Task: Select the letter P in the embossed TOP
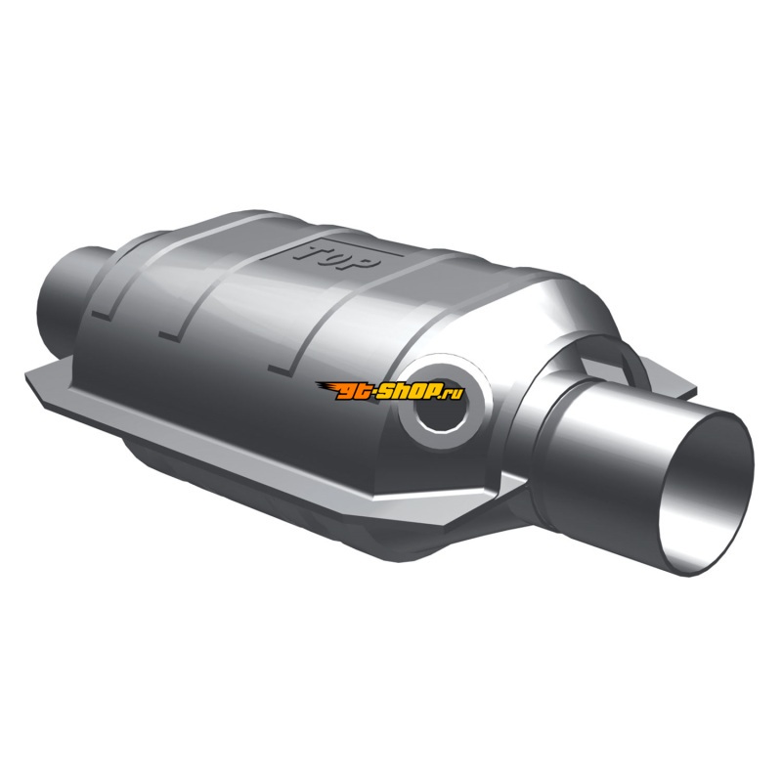[368, 263]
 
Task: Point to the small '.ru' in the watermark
[453, 394]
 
